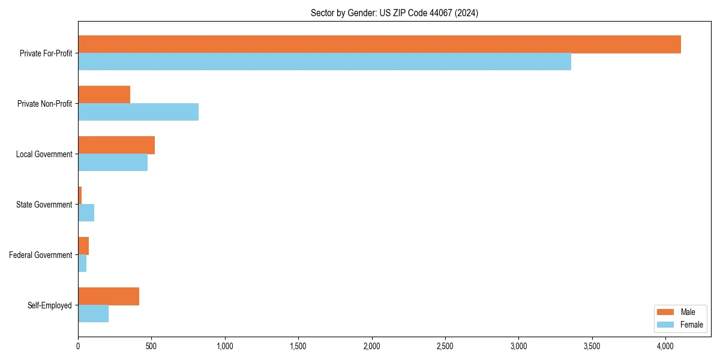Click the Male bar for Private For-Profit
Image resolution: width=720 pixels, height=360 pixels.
pos(379,44)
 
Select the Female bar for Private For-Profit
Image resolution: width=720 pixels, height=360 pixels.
pos(325,62)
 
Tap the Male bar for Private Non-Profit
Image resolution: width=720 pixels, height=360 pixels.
pos(104,95)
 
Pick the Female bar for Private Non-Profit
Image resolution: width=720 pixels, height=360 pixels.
pos(138,112)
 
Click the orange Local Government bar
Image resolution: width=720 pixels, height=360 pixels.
pos(116,145)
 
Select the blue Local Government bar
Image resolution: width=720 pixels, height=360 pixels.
pos(113,163)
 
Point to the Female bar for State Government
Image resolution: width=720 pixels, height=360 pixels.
pos(86,213)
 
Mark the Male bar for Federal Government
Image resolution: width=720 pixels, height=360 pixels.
pos(83,246)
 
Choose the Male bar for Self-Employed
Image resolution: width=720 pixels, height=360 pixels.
pos(109,296)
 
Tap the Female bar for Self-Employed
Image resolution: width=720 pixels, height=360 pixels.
pos(93,314)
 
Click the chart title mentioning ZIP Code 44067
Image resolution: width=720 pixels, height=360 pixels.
pos(394,13)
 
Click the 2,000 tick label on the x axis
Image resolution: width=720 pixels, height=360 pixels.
pos(372,346)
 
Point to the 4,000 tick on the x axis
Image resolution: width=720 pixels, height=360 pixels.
pos(665,346)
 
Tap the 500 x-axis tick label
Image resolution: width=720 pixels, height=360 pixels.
pos(151,346)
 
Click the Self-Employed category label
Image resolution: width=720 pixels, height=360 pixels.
pos(49,305)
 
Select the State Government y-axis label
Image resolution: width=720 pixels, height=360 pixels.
pos(44,205)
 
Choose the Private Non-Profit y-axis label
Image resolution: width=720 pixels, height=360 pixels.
pos(44,104)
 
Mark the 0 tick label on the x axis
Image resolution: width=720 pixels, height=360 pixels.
pos(78,346)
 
